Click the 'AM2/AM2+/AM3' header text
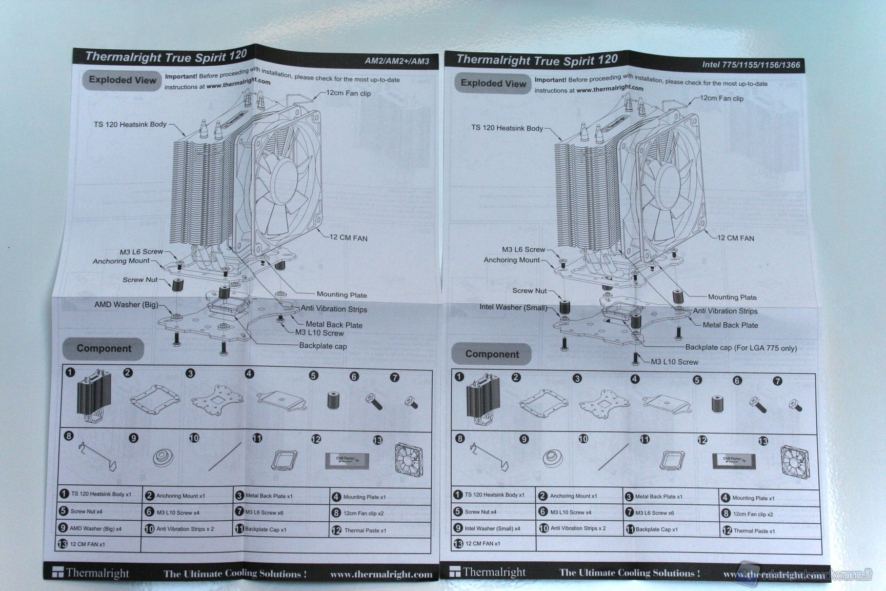396,61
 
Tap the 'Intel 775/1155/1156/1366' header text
750,65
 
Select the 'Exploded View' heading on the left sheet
122,80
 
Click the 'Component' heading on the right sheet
492,354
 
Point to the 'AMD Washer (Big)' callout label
126,305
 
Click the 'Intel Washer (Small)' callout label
513,307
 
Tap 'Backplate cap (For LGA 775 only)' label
741,348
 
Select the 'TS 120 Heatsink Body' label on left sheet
130,124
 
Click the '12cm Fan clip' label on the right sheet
721,98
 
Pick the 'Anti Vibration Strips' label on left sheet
334,309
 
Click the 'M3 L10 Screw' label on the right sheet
674,362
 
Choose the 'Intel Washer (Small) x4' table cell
492,528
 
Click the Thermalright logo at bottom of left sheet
91,573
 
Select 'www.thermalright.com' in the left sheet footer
381,575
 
